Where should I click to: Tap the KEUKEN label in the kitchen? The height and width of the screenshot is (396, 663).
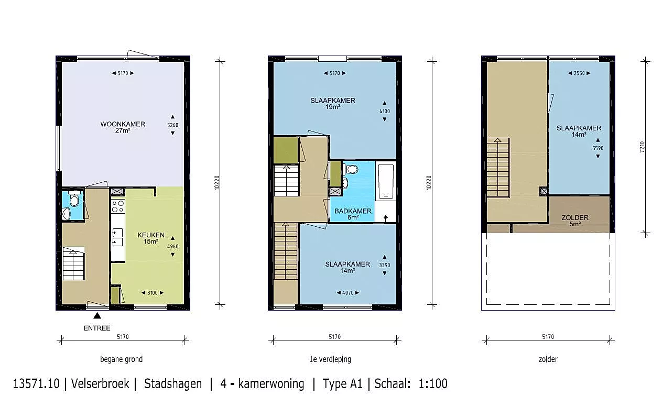(150, 235)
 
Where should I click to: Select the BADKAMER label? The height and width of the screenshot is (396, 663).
(353, 211)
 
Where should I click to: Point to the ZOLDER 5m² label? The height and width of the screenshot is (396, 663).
(575, 221)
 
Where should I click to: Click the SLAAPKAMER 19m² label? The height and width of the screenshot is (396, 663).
(333, 104)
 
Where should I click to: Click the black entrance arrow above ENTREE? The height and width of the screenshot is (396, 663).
(97, 315)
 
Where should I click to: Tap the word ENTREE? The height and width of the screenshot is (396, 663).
(97, 328)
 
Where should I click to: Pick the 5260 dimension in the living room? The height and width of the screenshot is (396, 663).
(172, 125)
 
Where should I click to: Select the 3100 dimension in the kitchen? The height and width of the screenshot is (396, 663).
(153, 293)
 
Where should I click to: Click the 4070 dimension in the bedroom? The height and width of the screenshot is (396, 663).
(348, 293)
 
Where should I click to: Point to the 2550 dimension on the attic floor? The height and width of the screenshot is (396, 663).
(579, 73)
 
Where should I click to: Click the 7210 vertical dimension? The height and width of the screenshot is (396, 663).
(642, 147)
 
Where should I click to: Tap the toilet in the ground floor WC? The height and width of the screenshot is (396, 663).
(74, 200)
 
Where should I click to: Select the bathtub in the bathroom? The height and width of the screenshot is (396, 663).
(386, 180)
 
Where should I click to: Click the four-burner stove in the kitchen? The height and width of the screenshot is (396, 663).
(118, 206)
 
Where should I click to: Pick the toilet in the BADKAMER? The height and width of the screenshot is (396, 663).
(351, 170)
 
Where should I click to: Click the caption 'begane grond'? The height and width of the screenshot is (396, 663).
(122, 359)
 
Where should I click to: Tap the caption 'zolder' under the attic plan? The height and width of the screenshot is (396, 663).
(548, 359)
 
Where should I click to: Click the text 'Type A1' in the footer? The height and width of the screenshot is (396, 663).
(342, 383)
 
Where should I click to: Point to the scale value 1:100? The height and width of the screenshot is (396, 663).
(433, 383)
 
